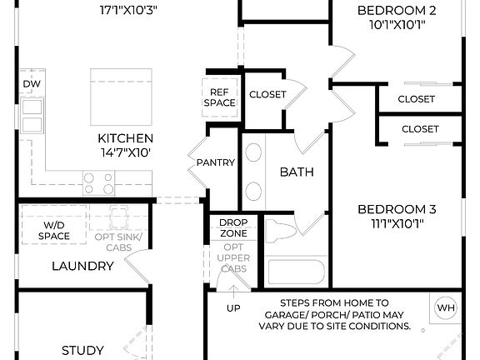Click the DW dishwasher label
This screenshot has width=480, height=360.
click(32, 84)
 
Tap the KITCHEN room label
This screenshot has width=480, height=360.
click(125, 138)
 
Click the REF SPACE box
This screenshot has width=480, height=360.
click(219, 97)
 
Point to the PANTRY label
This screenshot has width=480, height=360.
click(216, 162)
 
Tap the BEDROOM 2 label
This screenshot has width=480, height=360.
click(397, 11)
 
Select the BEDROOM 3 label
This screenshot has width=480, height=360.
click(397, 209)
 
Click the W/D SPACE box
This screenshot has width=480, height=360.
click(53, 231)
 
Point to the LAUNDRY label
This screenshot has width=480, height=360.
click(82, 266)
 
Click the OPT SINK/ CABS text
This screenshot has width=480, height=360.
click(119, 242)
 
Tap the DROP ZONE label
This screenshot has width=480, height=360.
click(232, 228)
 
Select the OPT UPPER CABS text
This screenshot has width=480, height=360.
click(232, 259)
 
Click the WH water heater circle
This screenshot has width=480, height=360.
click(446, 308)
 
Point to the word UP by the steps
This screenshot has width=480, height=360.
click(233, 308)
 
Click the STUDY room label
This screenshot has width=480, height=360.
click(83, 350)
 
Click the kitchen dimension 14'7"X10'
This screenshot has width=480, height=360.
click(125, 153)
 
